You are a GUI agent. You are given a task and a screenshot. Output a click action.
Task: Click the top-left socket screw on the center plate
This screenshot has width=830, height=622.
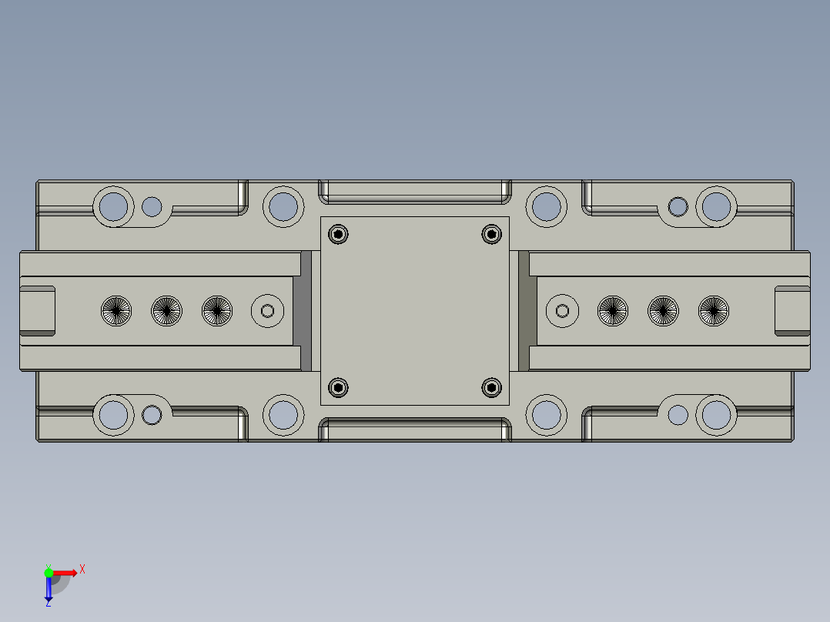coord(338,233)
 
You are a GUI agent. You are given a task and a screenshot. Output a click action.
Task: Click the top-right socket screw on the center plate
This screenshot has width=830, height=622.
coord(491,233)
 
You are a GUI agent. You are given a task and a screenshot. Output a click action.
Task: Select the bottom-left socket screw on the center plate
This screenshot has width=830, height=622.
coord(338,387)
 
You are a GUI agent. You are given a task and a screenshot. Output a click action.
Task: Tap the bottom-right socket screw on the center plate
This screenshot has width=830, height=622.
coord(491,387)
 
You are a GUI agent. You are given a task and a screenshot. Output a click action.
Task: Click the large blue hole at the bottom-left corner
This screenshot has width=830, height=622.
coord(114,415)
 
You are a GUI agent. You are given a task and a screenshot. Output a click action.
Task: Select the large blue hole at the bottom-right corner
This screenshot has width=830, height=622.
coord(716,415)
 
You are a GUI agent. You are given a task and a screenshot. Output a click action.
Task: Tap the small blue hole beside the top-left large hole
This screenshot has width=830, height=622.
coord(152,206)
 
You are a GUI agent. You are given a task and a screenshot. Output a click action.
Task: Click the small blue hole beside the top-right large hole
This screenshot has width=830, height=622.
coord(678,206)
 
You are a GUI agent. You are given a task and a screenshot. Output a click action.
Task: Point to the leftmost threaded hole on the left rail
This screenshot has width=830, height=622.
coord(116,311)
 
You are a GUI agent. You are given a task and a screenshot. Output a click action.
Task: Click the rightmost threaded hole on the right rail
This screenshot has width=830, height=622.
coord(714,311)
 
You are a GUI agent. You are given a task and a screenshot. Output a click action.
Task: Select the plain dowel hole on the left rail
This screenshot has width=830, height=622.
coord(268,311)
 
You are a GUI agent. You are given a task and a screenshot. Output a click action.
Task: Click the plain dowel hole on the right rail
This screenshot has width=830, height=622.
coord(562,311)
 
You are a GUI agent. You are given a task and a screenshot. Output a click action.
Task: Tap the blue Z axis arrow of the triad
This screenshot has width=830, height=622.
coord(49,591)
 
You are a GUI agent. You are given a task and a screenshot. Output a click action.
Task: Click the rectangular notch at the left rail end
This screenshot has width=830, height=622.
coord(36,311)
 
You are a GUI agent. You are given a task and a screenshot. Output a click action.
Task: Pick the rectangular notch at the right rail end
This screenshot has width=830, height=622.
coord(792,311)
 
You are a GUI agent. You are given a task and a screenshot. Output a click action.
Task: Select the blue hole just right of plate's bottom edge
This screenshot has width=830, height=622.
coord(547,415)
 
